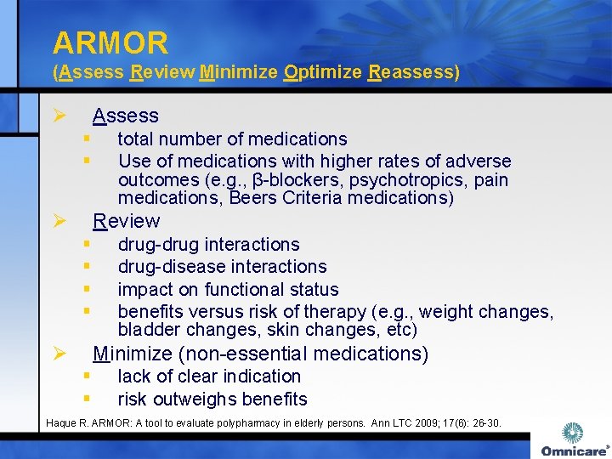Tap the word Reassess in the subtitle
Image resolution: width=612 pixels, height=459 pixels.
click(413, 72)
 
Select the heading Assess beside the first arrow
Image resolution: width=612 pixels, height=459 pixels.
click(126, 116)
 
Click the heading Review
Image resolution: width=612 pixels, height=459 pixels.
click(127, 221)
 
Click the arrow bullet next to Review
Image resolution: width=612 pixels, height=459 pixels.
click(59, 222)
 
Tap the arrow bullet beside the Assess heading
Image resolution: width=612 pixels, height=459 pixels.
click(59, 116)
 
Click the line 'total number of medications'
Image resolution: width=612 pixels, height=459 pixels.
click(232, 139)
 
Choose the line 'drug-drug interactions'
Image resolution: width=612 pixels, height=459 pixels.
click(208, 245)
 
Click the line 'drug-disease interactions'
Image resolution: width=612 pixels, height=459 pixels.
click(222, 267)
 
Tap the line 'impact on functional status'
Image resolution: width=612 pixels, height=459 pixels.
click(228, 290)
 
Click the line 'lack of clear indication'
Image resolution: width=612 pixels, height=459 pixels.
click(209, 376)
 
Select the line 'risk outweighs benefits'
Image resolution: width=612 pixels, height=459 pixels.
click(212, 399)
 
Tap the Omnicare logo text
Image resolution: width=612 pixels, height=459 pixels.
click(573, 450)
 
